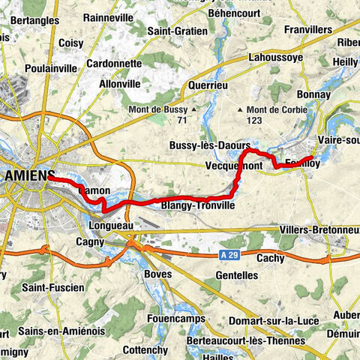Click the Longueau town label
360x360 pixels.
109,223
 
